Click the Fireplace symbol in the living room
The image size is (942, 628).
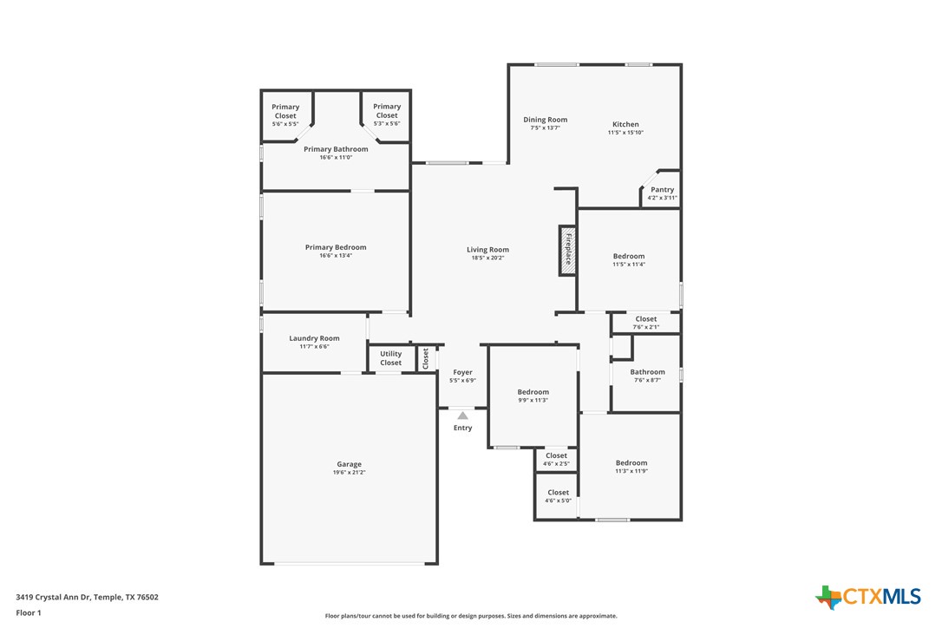point(567,252)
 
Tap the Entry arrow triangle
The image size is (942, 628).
point(462,415)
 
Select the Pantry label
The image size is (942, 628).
point(662,190)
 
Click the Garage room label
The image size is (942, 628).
point(349,464)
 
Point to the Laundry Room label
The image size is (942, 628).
point(314,338)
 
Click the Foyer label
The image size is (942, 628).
point(462,372)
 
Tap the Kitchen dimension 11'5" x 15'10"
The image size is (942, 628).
point(625,133)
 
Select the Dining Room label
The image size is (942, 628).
point(545,120)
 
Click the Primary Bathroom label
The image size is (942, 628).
point(336,149)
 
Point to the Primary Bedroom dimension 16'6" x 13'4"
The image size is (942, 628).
point(336,256)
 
